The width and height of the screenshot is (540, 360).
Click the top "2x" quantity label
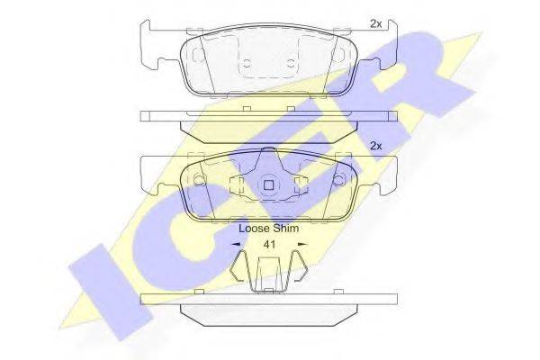[x=375, y=23]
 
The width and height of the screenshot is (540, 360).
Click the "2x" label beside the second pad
[x=375, y=146]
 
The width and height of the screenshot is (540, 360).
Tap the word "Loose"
[x=254, y=229]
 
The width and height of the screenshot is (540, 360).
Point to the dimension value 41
[x=269, y=244]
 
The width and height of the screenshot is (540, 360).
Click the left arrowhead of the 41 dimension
[x=236, y=244]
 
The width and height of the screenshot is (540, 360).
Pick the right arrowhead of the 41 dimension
[x=302, y=244]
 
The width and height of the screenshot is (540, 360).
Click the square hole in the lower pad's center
[x=268, y=185]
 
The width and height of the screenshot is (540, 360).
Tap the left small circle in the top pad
[x=247, y=63]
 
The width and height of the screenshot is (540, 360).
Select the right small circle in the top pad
[x=291, y=63]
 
